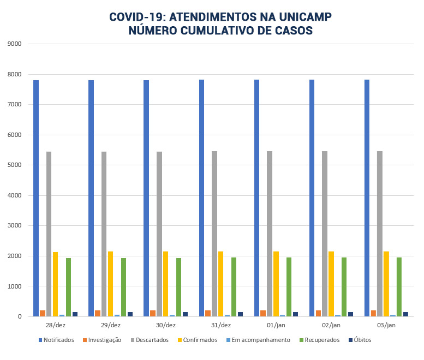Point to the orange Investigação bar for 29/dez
click(x=98, y=313)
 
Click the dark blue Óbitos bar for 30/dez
click(x=186, y=314)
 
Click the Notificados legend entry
click(x=56, y=340)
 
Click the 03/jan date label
click(x=386, y=325)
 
